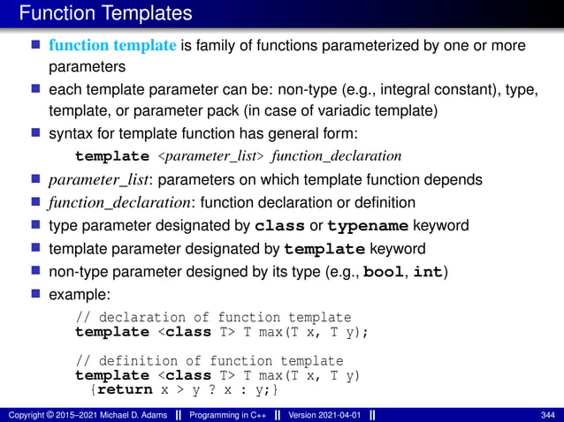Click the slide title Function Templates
coord(104,13)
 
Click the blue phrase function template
coord(112,46)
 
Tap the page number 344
coord(546,415)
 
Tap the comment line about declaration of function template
coord(213,318)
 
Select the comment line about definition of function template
coord(210,361)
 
